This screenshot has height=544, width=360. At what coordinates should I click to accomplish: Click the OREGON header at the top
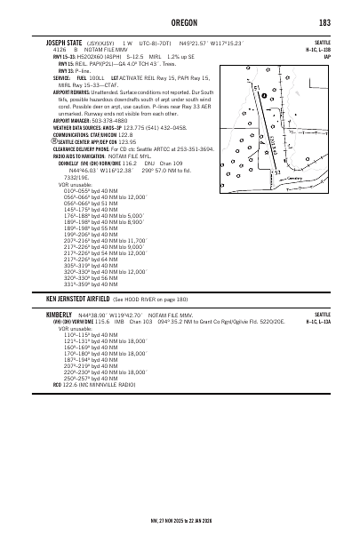(180, 22)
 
